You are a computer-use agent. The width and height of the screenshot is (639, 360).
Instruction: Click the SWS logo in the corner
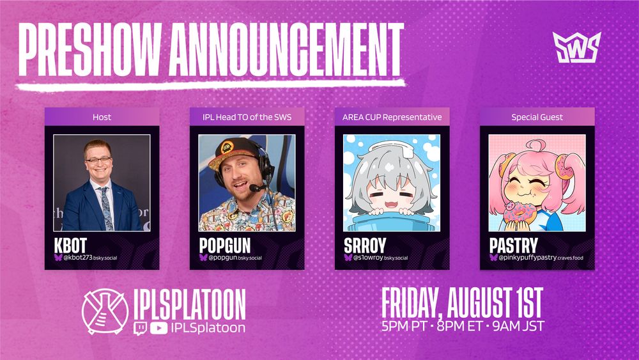(x=576, y=47)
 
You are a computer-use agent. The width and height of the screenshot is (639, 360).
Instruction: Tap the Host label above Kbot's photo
(x=102, y=117)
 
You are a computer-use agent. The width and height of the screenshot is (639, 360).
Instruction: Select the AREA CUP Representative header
(x=392, y=117)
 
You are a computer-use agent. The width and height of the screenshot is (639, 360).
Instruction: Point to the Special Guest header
(x=537, y=117)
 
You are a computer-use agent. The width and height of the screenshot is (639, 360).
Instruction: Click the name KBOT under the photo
(x=70, y=246)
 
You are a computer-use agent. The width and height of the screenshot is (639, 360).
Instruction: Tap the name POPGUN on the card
(x=225, y=246)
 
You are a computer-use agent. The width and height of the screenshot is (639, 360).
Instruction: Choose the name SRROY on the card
(x=365, y=246)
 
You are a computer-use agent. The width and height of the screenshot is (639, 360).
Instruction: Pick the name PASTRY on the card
(x=514, y=246)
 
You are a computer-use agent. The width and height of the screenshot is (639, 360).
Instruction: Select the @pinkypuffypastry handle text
(x=541, y=258)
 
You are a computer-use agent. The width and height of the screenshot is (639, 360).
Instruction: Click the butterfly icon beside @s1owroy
(x=348, y=258)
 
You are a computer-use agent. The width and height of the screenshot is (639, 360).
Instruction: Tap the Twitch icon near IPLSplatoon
(x=140, y=328)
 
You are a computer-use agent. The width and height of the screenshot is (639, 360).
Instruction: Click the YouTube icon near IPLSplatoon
(x=159, y=328)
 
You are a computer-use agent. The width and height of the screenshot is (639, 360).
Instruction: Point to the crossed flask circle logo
(x=105, y=311)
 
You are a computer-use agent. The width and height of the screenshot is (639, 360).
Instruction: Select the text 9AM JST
(x=518, y=326)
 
